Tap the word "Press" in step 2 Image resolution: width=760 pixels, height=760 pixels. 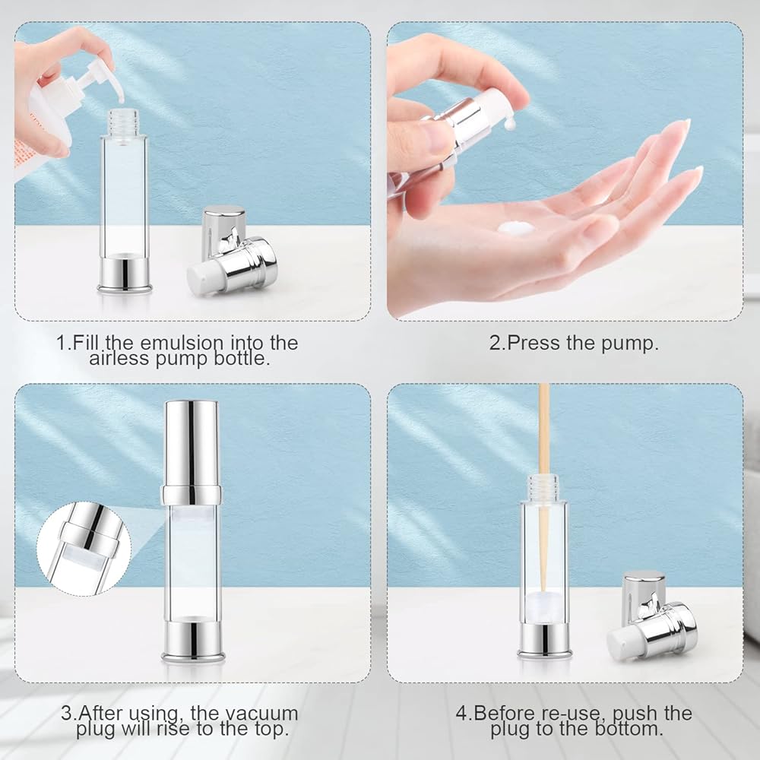point(534,343)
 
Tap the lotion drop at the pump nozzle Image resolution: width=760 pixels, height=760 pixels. point(510,125)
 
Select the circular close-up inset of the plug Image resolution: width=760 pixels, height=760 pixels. point(84,549)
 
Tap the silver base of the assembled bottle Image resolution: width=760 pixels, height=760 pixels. point(193,640)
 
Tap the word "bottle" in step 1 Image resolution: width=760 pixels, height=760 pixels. point(242,358)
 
